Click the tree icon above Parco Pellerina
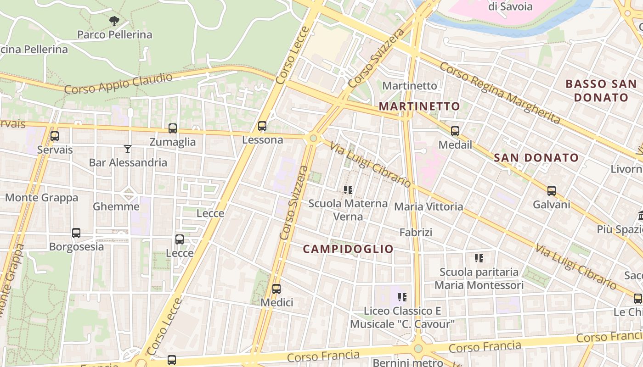[114, 21]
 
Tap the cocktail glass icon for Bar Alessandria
[128, 149]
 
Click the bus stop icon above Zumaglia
[173, 128]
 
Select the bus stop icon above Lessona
[262, 126]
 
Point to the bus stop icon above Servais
[55, 136]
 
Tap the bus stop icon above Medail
[455, 131]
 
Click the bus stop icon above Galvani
[552, 191]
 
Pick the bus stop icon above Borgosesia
[76, 233]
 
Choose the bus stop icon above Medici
[276, 289]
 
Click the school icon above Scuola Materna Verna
[348, 189]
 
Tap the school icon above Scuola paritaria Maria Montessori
[479, 258]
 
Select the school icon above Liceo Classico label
[402, 297]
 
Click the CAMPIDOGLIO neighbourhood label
[348, 249]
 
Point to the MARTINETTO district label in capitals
[419, 106]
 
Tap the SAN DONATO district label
[536, 158]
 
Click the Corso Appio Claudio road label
[118, 83]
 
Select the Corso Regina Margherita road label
[500, 93]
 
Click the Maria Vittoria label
[429, 206]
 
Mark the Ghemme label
[116, 206]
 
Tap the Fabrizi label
[416, 232]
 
